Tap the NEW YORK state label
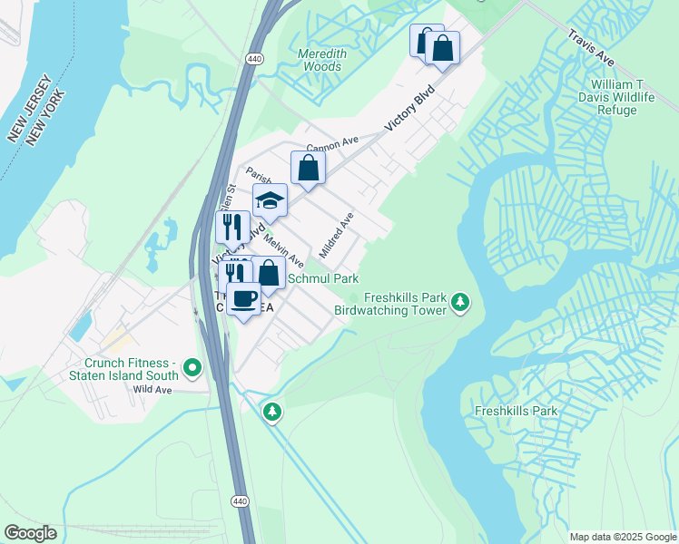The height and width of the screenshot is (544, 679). pyautogui.click(x=45, y=118)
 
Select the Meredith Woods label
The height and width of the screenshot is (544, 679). pyautogui.click(x=321, y=60)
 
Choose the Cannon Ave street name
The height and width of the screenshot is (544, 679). pyautogui.click(x=333, y=146)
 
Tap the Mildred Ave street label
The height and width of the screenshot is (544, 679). pyautogui.click(x=336, y=234)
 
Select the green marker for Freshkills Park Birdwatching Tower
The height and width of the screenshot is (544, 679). pyautogui.click(x=461, y=302)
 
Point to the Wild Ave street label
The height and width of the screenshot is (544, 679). pyautogui.click(x=152, y=390)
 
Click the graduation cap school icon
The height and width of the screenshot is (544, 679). pyautogui.click(x=270, y=200)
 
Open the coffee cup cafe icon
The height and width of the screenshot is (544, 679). pyautogui.click(x=243, y=298)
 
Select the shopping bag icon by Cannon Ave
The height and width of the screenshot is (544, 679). pyautogui.click(x=309, y=168)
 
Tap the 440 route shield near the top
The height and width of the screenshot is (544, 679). pyautogui.click(x=254, y=58)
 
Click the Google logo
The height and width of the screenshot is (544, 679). pyautogui.click(x=30, y=533)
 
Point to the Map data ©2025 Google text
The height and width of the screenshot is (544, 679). pyautogui.click(x=622, y=537)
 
